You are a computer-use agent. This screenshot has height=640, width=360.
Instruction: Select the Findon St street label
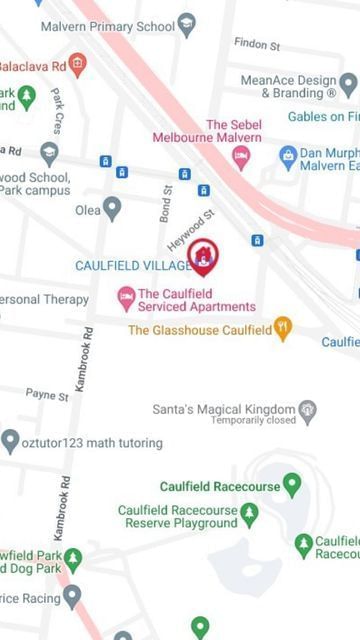coord(258,44)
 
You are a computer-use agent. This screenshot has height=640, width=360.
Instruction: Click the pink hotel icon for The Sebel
coord(241,155)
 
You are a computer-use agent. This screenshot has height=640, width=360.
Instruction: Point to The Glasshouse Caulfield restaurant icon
coord(283,328)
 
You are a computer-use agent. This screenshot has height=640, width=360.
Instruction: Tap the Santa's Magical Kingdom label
coord(223,409)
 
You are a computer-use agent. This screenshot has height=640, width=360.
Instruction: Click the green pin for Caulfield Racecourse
coord(292,486)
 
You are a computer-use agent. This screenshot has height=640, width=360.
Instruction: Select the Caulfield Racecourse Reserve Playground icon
coord(249,515)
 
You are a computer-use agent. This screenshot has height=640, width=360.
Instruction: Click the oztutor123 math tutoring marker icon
coord(10,441)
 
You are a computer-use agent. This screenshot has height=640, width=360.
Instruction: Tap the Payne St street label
coord(47,395)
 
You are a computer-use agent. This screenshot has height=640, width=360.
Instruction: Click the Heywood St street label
coord(191,231)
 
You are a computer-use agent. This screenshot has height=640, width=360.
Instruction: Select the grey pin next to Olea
coord(112,209)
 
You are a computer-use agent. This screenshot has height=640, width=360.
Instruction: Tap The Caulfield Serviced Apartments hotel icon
coord(126,297)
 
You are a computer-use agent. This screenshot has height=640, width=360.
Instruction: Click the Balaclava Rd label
coord(32,65)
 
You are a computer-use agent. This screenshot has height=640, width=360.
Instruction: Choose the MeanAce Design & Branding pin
coord(348,86)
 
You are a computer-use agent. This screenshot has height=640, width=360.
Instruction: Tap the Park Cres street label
coord(57,111)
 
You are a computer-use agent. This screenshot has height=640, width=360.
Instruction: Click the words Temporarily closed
coord(234,421)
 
